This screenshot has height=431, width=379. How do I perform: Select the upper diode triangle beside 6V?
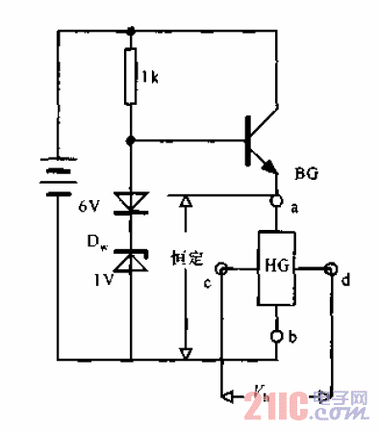click(131, 203)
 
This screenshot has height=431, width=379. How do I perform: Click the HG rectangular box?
click(276, 268)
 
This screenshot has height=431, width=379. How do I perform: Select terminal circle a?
click(277, 202)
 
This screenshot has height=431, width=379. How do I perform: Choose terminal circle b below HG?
click(277, 336)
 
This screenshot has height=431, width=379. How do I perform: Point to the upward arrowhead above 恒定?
click(186, 205)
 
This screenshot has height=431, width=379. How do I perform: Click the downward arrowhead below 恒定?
click(186, 350)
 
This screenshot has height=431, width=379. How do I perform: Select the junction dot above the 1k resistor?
click(131, 30)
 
